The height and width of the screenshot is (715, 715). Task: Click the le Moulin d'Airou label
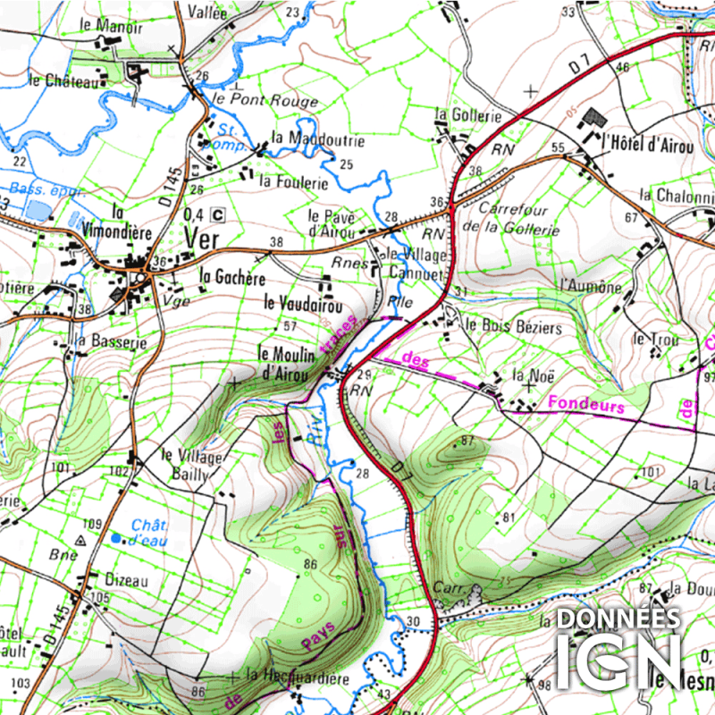(287, 363)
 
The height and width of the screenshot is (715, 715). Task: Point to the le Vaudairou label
(303, 304)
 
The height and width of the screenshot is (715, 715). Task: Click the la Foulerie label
(293, 182)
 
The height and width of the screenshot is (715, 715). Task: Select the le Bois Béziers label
(514, 327)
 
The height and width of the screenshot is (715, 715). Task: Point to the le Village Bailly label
(191, 465)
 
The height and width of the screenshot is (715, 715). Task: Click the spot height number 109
(92, 524)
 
